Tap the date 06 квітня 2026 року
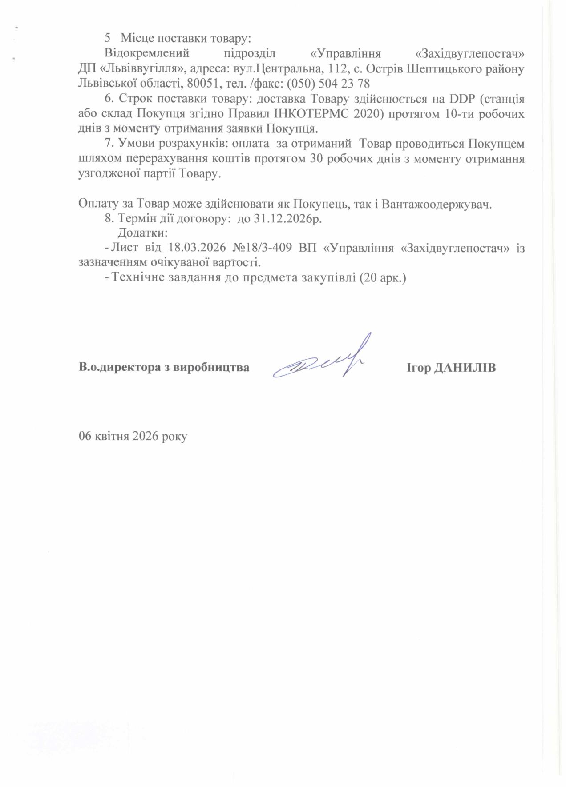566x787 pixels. click(133, 436)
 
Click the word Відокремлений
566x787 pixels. click(146, 54)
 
